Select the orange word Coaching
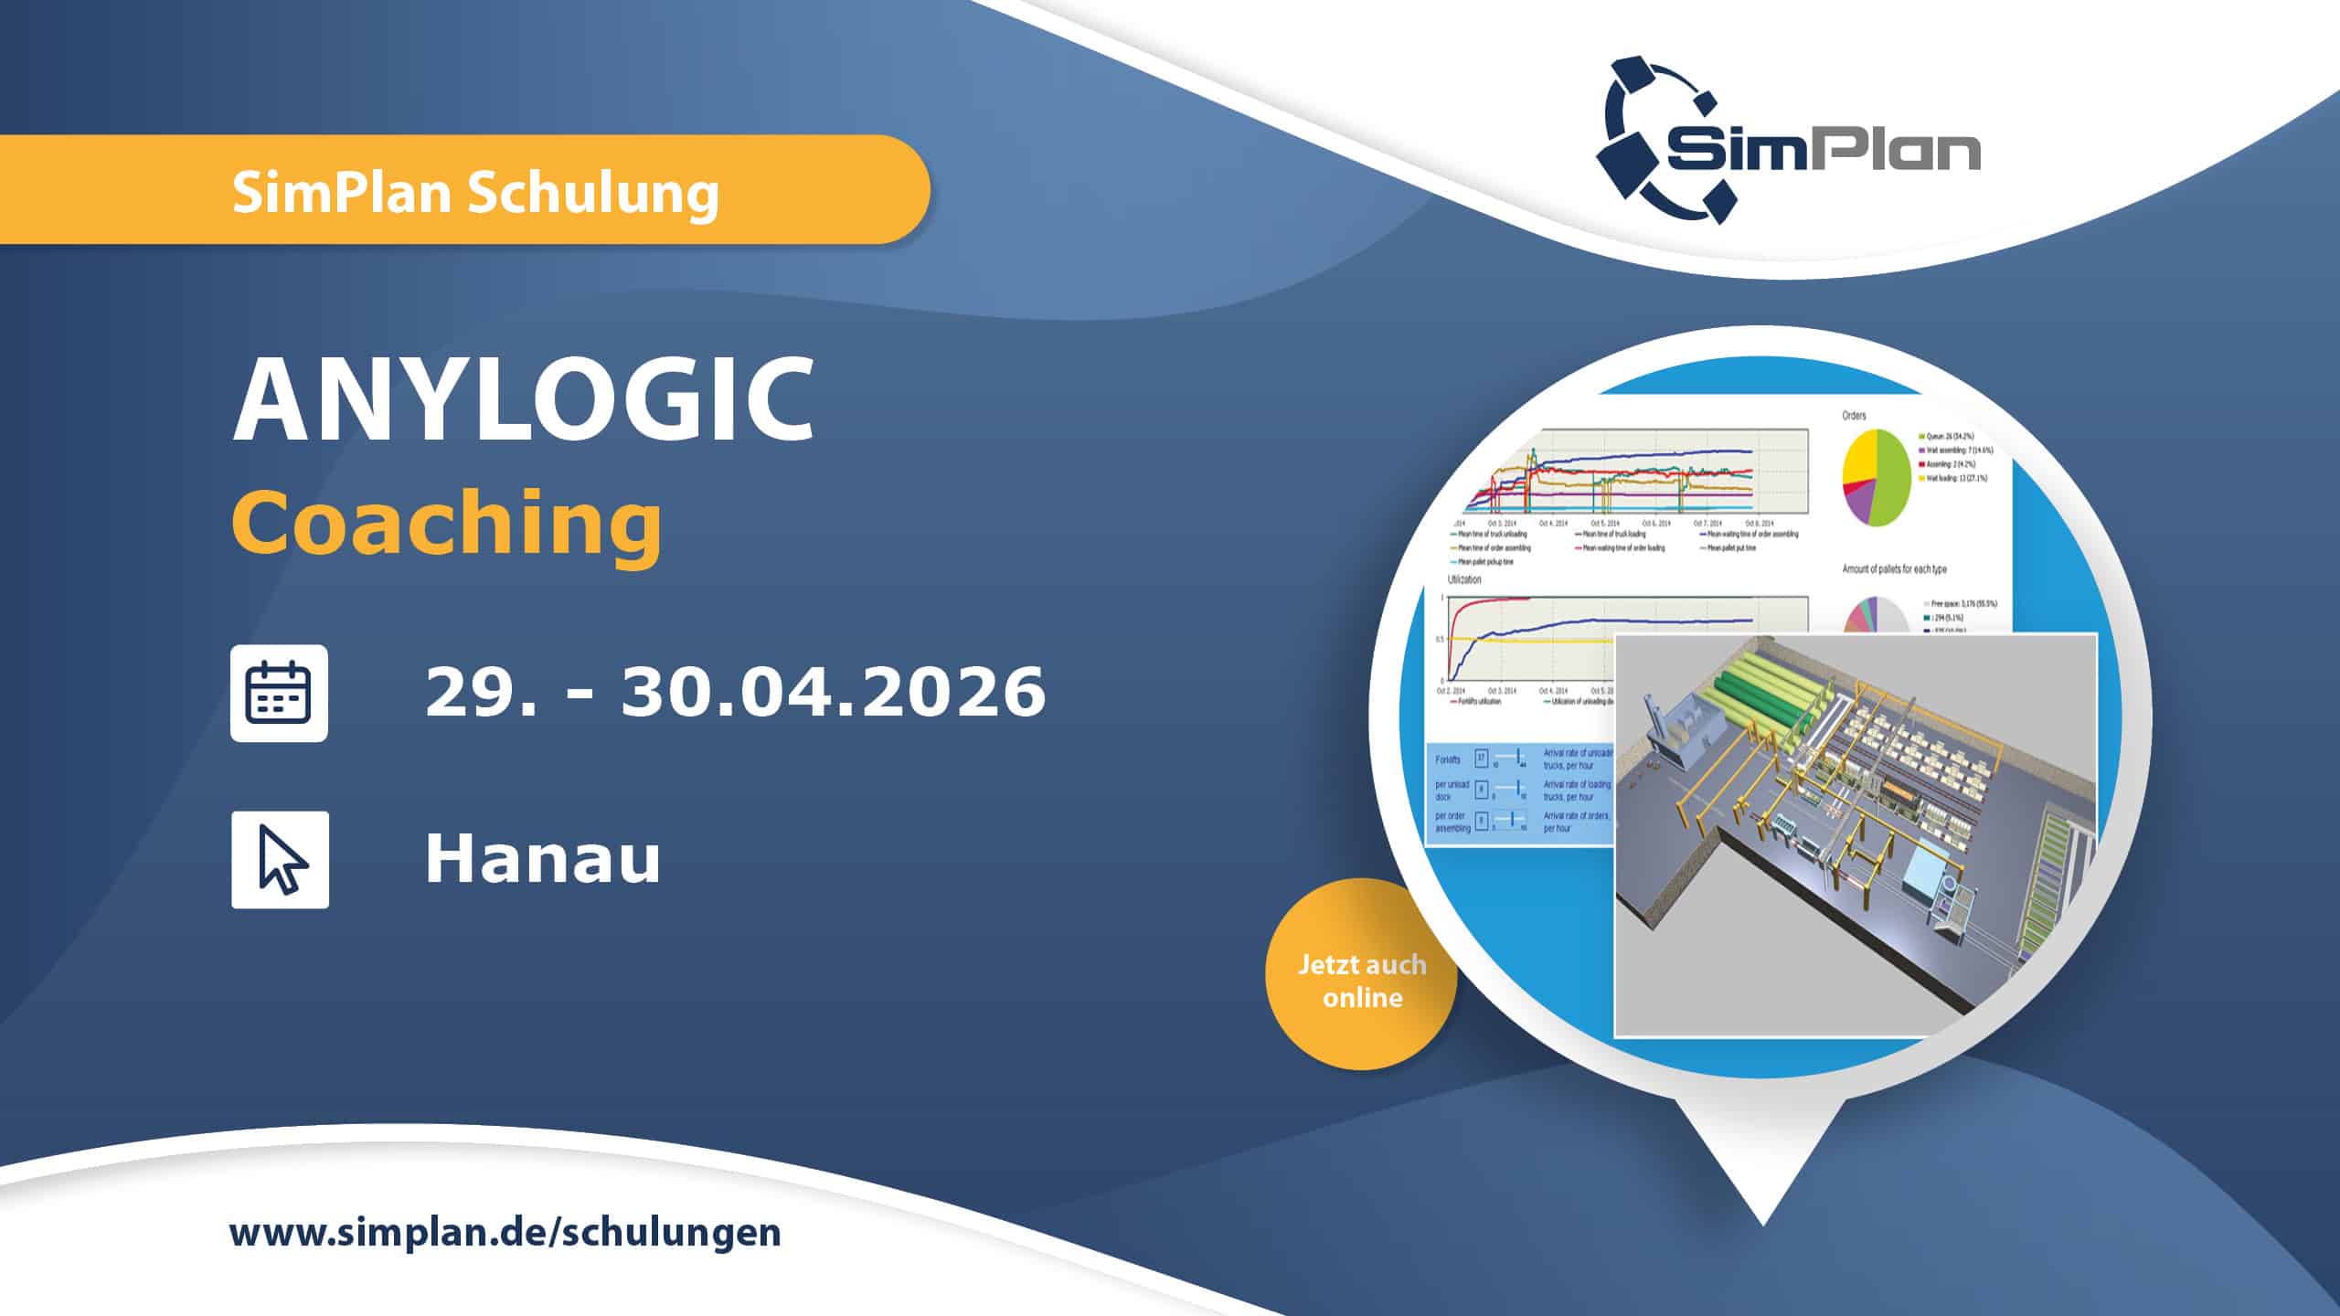click(x=446, y=523)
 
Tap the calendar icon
click(x=279, y=693)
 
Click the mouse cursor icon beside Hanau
click(x=280, y=859)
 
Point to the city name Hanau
click(x=542, y=860)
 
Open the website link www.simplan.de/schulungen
click(x=505, y=1232)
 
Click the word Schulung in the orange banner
click(x=593, y=193)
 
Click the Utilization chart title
click(x=1464, y=579)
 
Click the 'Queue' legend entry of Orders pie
click(x=1953, y=436)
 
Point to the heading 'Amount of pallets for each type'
click(x=1894, y=569)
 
